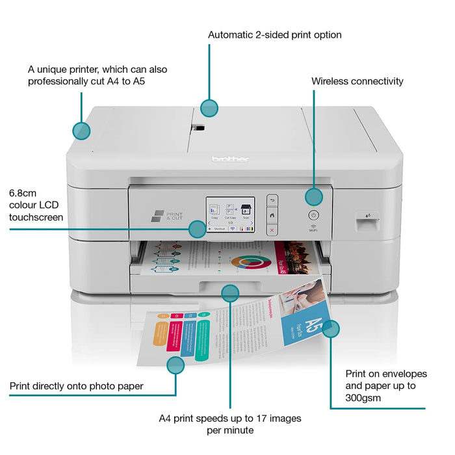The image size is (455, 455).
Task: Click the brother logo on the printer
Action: pyautogui.click(x=230, y=159)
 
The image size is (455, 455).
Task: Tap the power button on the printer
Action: pyautogui.click(x=313, y=214)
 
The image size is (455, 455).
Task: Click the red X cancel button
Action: pyautogui.click(x=272, y=229)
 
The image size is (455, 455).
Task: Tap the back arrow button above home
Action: pyautogui.click(x=272, y=200)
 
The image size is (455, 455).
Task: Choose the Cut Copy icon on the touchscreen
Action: pyautogui.click(x=230, y=210)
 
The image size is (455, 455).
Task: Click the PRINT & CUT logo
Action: pyautogui.click(x=167, y=216)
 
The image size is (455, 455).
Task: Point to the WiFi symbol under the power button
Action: pyautogui.click(x=313, y=226)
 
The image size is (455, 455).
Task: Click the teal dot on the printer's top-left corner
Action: pyautogui.click(x=81, y=131)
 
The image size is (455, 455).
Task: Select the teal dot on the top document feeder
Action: pyautogui.click(x=209, y=108)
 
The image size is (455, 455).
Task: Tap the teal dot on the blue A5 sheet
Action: pyautogui.click(x=331, y=329)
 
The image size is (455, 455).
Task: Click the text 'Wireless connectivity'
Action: pyautogui.click(x=357, y=81)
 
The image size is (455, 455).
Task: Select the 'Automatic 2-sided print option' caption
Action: pyautogui.click(x=274, y=34)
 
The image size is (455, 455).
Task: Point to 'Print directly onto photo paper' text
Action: pyautogui.click(x=76, y=386)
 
